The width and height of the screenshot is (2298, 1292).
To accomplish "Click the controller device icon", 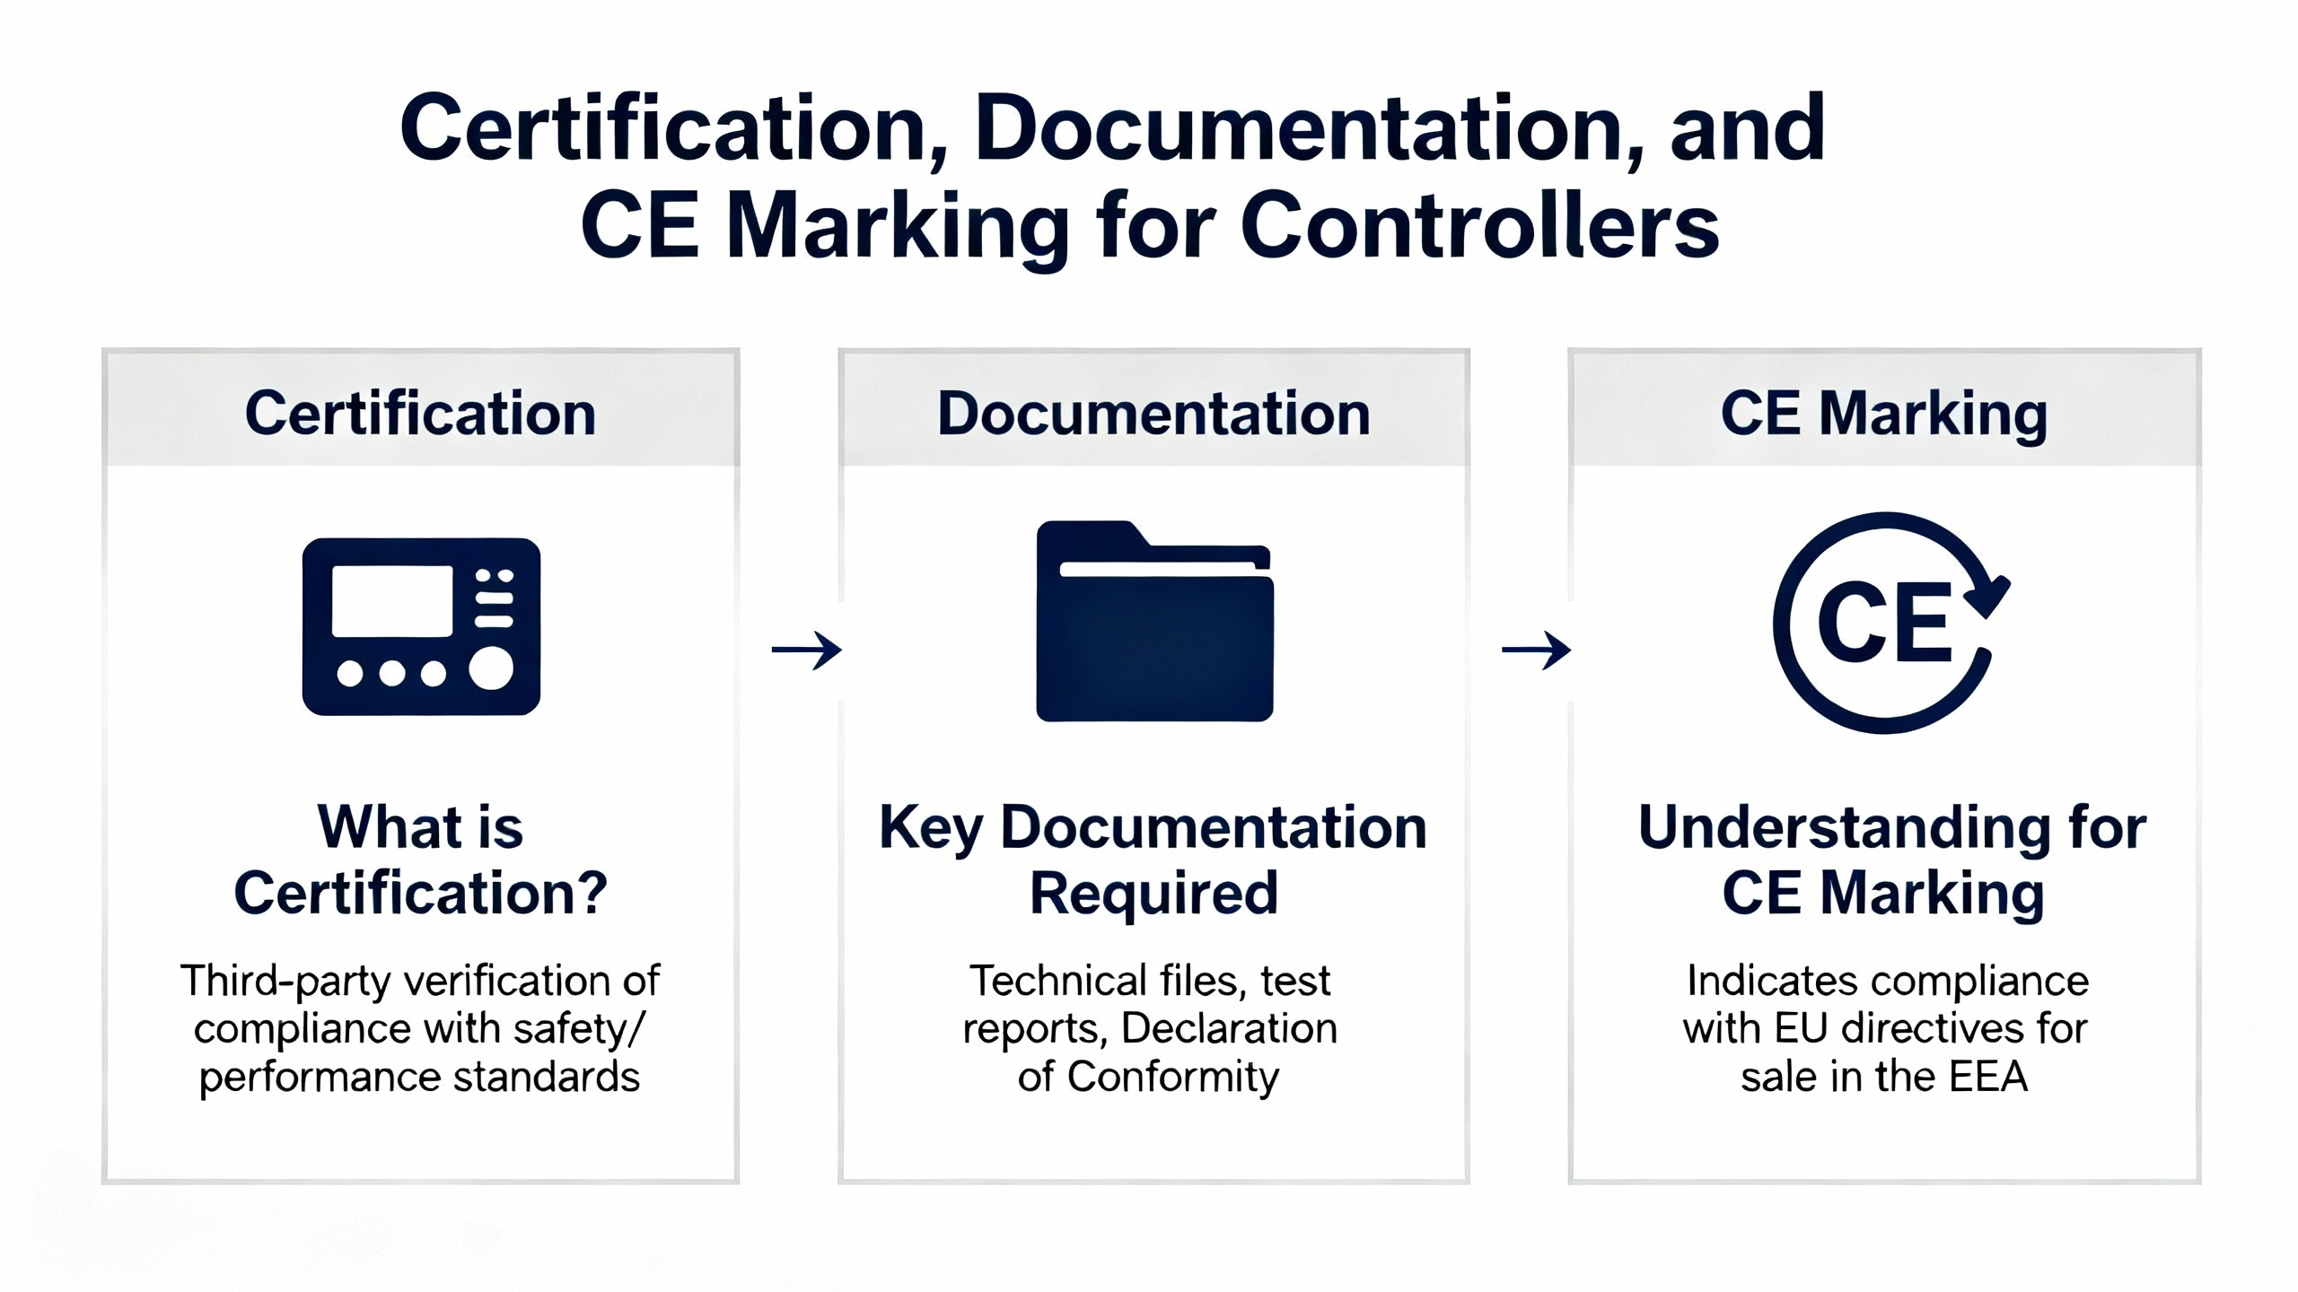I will point(421,626).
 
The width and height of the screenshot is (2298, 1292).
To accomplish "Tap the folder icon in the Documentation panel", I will point(1154,621).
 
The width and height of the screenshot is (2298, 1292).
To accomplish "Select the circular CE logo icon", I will point(1885,623).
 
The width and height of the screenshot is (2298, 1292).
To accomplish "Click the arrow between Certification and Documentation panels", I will point(806,650).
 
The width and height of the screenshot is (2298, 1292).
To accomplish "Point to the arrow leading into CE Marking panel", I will point(1536,650).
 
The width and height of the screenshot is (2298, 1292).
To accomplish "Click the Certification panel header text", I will point(420,414).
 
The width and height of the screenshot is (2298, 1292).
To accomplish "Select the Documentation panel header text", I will point(1153,414).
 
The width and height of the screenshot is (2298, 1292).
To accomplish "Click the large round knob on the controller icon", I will point(491,668).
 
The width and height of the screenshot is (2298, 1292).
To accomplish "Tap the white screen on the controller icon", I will point(392,600).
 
